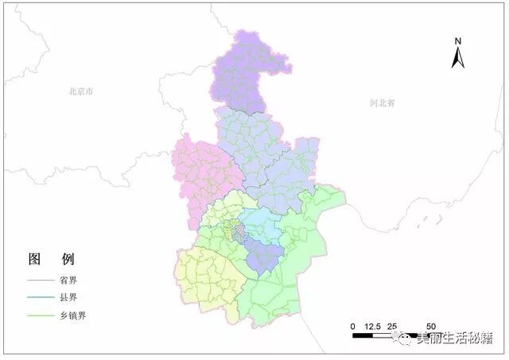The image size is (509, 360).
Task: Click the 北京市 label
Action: click(x=80, y=92)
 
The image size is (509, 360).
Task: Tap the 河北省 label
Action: click(x=382, y=103)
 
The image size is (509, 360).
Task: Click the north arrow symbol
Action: click(x=457, y=57)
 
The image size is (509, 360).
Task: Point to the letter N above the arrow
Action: click(x=457, y=40)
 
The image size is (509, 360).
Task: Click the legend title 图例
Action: click(x=51, y=260)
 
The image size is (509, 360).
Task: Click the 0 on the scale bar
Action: click(x=352, y=327)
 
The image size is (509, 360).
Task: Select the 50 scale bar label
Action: click(x=430, y=327)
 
